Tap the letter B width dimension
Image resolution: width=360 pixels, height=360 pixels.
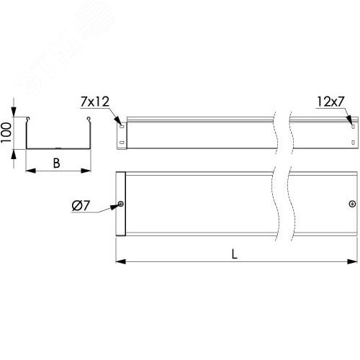(57, 163)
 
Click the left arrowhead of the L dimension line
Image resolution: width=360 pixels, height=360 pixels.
(119, 260)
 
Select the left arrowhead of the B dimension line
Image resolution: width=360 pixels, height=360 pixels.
(29, 171)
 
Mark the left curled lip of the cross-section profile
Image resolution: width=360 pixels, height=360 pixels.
(28, 119)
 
